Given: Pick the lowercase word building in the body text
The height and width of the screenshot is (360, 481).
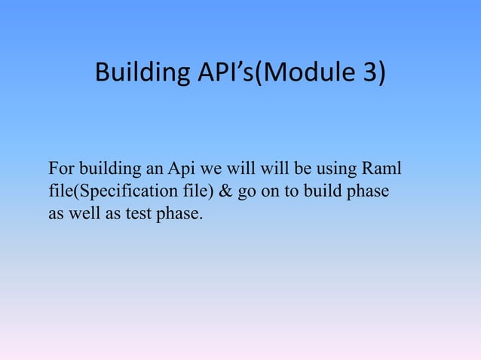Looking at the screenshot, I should [x=106, y=166].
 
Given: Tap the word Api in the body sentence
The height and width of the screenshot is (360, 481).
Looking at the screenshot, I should [x=181, y=166].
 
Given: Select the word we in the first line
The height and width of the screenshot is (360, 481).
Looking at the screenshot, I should [x=212, y=166].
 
